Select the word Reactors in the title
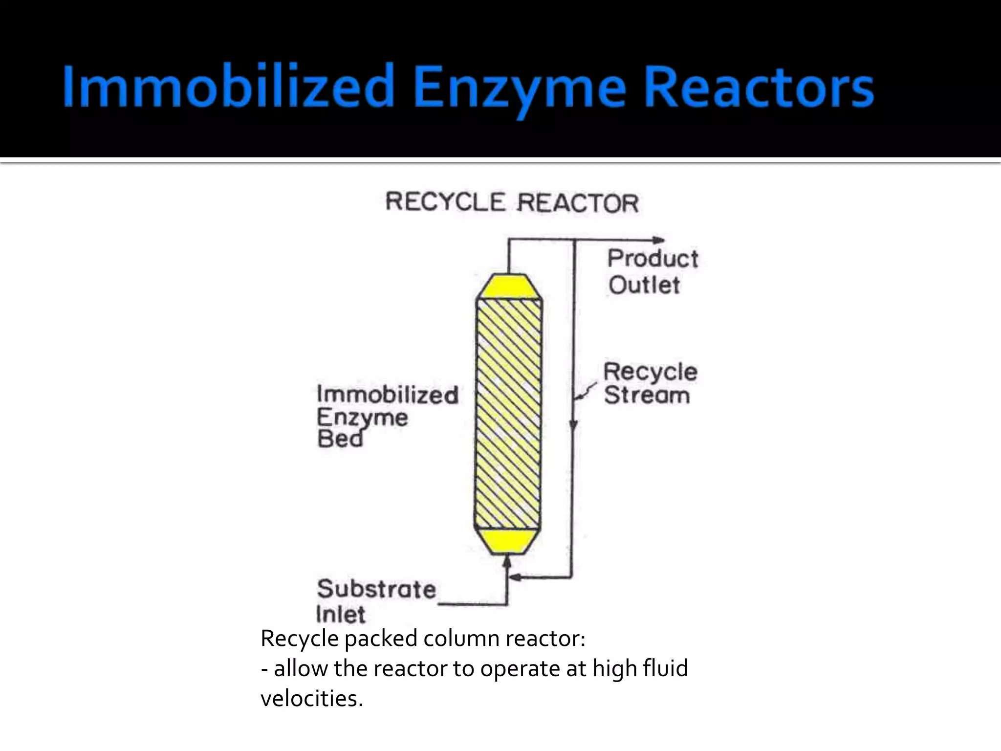coord(759,87)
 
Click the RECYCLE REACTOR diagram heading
coord(512,202)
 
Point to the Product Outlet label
coord(652,272)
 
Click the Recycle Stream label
coord(650,383)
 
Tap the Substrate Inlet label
coord(375,601)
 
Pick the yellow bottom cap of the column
coord(508,541)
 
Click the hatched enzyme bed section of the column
coord(509,413)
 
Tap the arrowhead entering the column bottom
coord(507,562)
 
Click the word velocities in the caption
coord(311,699)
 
